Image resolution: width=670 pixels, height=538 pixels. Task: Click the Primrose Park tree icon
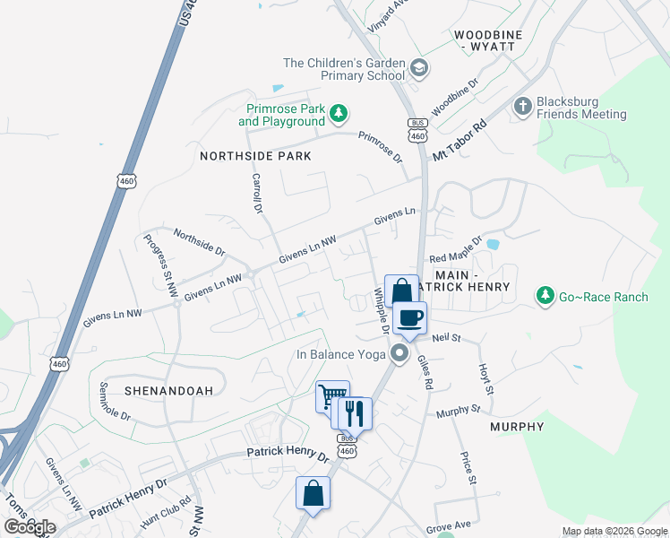click(x=339, y=113)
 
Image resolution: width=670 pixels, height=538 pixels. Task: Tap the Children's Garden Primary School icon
click(x=419, y=68)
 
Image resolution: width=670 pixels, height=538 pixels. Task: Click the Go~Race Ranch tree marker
click(x=544, y=295)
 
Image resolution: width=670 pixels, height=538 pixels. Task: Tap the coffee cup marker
click(x=410, y=318)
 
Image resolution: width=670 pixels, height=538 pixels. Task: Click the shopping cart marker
click(x=331, y=395)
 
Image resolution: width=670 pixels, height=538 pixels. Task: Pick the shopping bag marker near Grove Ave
click(x=314, y=492)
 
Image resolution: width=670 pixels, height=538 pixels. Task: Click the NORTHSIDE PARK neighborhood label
click(x=255, y=156)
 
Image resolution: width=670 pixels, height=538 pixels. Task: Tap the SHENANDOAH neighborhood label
click(x=160, y=391)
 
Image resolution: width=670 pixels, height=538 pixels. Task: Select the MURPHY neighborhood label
click(x=517, y=427)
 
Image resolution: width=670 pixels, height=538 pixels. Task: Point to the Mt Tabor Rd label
click(x=460, y=139)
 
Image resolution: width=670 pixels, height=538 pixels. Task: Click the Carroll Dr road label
click(x=255, y=193)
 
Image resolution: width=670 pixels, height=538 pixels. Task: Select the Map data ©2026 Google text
click(x=614, y=531)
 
